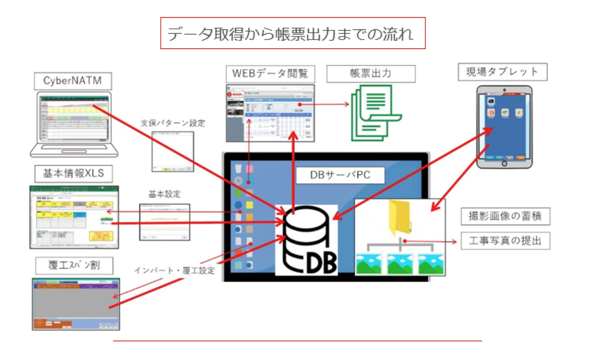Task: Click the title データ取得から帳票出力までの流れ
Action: [x=293, y=34]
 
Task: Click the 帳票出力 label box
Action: [x=370, y=74]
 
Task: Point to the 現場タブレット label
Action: [x=502, y=72]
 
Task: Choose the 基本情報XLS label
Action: [x=74, y=173]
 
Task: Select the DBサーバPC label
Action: [x=340, y=175]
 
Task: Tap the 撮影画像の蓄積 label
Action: [x=505, y=216]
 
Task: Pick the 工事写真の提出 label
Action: [x=505, y=241]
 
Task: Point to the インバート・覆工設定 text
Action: [x=174, y=270]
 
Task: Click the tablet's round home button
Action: [x=504, y=164]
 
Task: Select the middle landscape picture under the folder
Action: [x=400, y=263]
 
